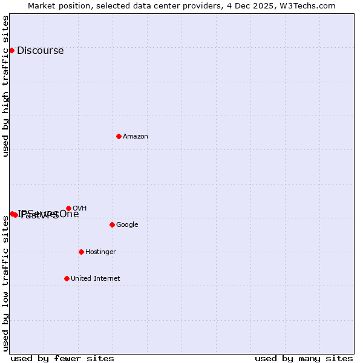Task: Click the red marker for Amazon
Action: (119, 136)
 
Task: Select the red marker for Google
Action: (112, 224)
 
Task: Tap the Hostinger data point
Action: (81, 252)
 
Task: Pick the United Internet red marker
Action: (67, 278)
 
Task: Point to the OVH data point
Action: (68, 208)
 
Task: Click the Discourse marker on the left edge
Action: (11, 50)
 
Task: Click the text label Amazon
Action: (136, 137)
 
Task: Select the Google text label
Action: (127, 225)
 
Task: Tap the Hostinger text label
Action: (100, 252)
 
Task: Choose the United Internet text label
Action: (96, 279)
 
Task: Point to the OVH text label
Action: (79, 209)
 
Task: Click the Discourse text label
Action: (41, 51)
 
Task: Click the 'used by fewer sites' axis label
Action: (62, 359)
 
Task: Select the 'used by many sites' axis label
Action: (304, 359)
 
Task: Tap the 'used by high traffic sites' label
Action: (6, 86)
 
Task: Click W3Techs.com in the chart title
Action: (311, 5)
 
